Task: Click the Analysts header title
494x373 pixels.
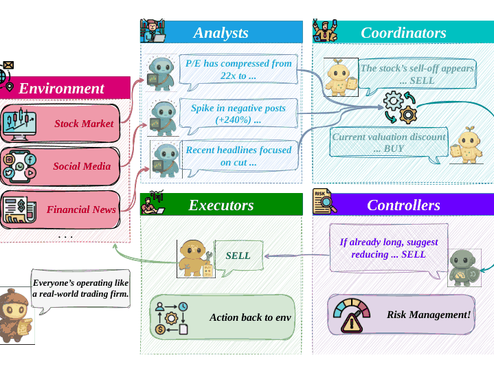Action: click(221, 33)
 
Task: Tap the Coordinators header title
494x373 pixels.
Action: click(403, 33)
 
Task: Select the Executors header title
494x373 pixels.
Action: click(221, 205)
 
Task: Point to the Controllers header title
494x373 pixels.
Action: click(403, 205)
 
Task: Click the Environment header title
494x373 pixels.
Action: click(61, 88)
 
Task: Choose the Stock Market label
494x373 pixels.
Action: click(84, 124)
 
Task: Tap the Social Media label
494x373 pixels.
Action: click(82, 166)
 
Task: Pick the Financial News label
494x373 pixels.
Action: click(81, 210)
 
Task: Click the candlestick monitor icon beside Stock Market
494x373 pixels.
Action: click(19, 124)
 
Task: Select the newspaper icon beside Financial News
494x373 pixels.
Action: click(19, 210)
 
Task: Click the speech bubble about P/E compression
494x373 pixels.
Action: click(238, 71)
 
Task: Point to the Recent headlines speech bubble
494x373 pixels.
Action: click(240, 157)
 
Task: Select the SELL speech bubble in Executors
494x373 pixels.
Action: click(239, 258)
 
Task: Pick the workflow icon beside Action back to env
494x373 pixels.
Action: click(172, 318)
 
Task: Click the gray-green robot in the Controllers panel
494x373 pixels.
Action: click(464, 268)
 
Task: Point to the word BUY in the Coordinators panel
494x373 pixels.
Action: click(394, 148)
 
